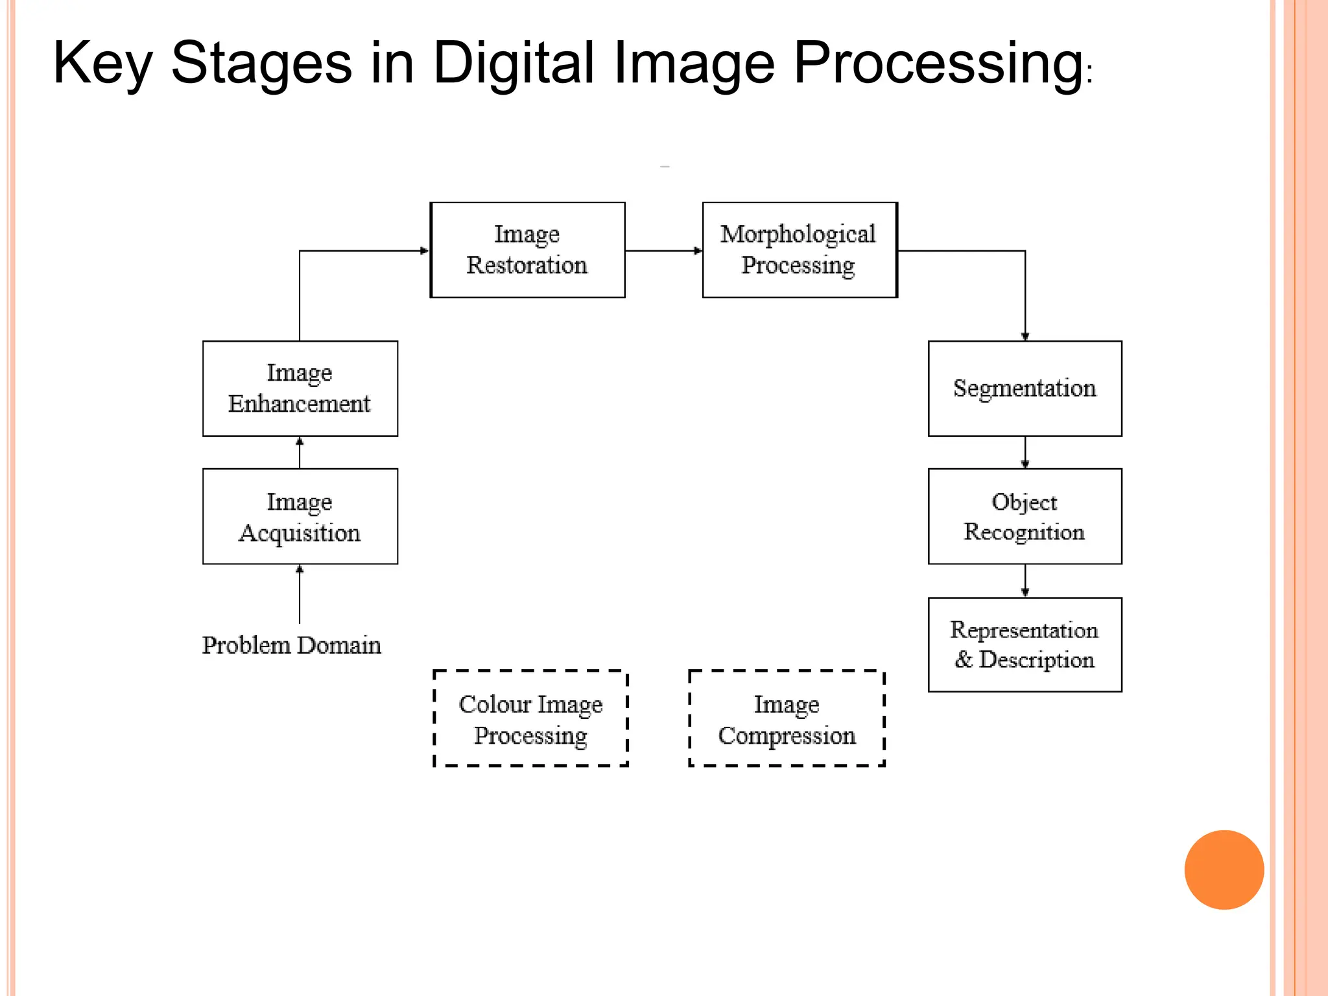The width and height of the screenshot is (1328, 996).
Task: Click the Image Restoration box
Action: click(527, 250)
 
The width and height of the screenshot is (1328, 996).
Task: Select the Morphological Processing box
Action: click(800, 250)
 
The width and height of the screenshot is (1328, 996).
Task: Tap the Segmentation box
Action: click(1025, 388)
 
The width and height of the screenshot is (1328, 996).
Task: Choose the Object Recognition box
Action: click(1025, 516)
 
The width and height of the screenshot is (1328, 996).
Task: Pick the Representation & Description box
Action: click(1025, 645)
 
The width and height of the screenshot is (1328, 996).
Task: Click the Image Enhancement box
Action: click(300, 388)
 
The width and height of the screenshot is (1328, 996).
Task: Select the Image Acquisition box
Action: click(300, 516)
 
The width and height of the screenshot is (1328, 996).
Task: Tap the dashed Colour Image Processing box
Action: click(530, 718)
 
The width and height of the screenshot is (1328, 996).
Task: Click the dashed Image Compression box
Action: click(787, 718)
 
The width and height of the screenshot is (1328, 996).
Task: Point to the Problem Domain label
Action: click(291, 645)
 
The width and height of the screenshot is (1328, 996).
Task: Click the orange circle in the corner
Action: click(1224, 870)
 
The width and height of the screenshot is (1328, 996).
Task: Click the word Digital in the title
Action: click(513, 63)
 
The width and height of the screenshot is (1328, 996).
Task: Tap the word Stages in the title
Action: click(261, 63)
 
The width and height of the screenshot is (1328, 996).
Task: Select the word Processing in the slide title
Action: click(938, 63)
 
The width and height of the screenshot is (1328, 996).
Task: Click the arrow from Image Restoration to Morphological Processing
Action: click(663, 250)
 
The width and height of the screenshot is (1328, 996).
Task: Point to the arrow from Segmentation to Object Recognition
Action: click(1025, 452)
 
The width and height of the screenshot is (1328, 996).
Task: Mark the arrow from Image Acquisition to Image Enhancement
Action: click(300, 452)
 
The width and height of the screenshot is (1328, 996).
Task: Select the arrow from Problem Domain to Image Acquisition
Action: click(300, 593)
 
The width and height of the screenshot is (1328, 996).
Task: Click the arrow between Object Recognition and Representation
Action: click(1025, 580)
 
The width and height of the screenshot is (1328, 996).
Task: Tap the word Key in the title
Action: click(102, 63)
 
